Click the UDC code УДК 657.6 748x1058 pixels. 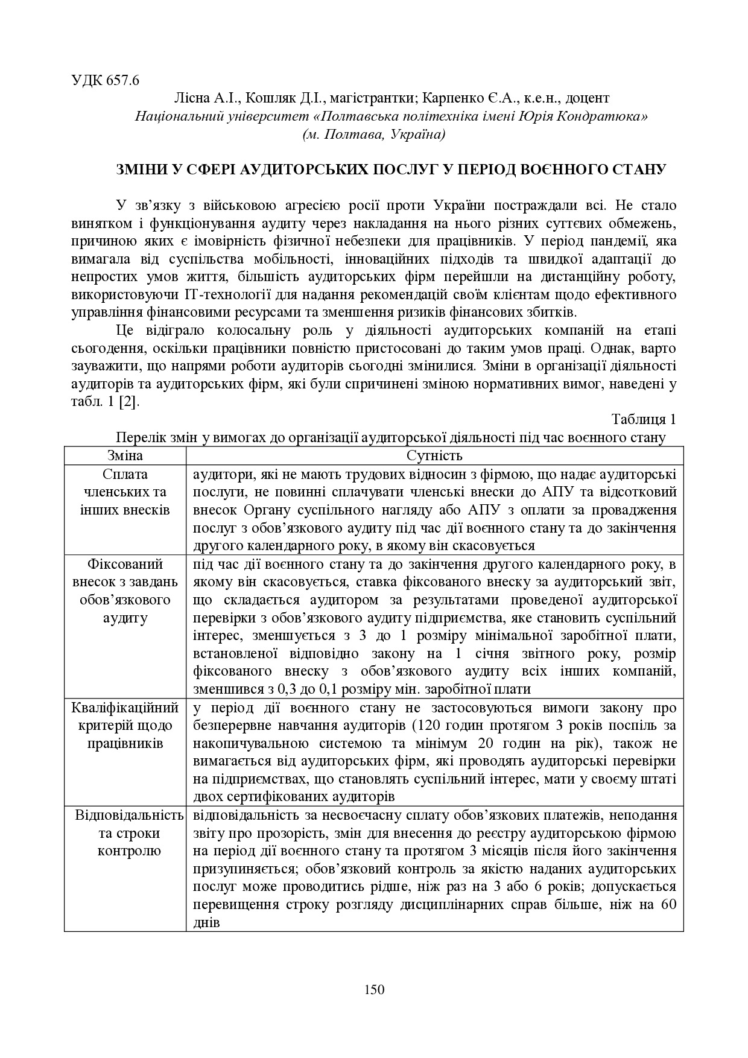click(x=105, y=81)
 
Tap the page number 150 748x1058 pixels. click(x=374, y=989)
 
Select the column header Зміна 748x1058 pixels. click(x=125, y=455)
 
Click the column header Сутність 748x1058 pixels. click(x=434, y=455)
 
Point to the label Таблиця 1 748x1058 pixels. click(x=644, y=419)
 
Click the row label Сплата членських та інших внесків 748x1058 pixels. click(x=125, y=492)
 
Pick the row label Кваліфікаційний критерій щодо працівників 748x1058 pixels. click(x=125, y=725)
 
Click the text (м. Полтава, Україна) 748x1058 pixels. click(x=374, y=134)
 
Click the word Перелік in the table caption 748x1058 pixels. click(x=136, y=437)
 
